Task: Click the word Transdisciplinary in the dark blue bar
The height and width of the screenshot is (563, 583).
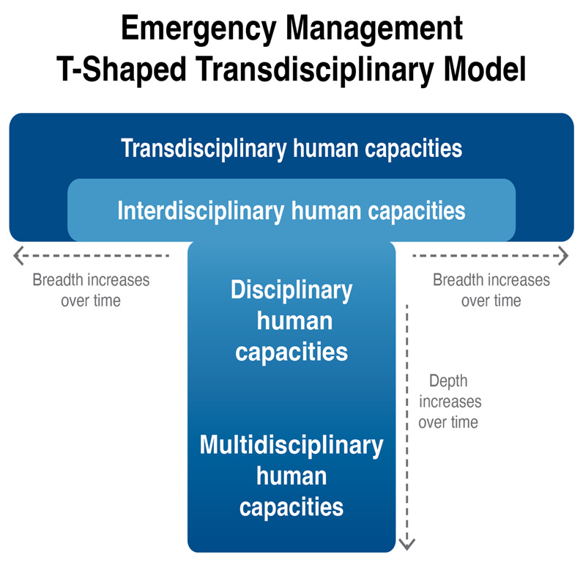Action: pos(204,148)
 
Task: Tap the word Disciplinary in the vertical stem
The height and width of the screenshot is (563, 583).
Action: pos(291,290)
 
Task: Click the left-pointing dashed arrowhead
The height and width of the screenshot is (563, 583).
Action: pos(19,255)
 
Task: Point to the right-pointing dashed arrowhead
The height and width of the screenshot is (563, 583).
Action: pos(563,255)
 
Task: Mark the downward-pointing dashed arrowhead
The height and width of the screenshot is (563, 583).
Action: pos(407,543)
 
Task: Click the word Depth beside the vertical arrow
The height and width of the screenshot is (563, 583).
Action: pos(448,381)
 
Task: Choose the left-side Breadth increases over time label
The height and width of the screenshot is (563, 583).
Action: pos(91,290)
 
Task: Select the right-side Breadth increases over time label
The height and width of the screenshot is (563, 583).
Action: pos(491,290)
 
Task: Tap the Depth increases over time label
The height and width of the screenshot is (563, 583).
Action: pos(448,402)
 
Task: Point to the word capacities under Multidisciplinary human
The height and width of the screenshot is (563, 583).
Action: pos(291,507)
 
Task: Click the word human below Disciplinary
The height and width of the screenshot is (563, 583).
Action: pos(291,321)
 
